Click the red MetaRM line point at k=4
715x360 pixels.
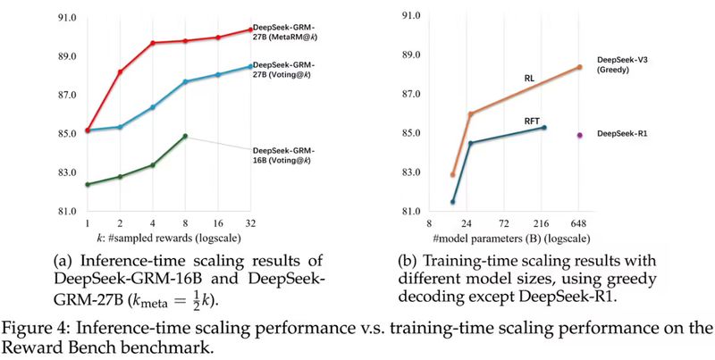(x=153, y=43)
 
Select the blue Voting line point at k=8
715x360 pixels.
(x=185, y=81)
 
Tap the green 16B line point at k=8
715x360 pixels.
(x=185, y=136)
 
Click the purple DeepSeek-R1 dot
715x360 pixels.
(x=579, y=135)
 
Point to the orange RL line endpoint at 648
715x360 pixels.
(x=579, y=67)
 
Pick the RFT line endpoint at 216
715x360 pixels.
(x=543, y=128)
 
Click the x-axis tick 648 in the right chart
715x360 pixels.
(x=579, y=223)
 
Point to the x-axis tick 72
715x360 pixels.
(x=505, y=223)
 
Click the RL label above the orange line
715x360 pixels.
(x=529, y=79)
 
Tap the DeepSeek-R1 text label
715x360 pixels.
(x=622, y=134)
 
